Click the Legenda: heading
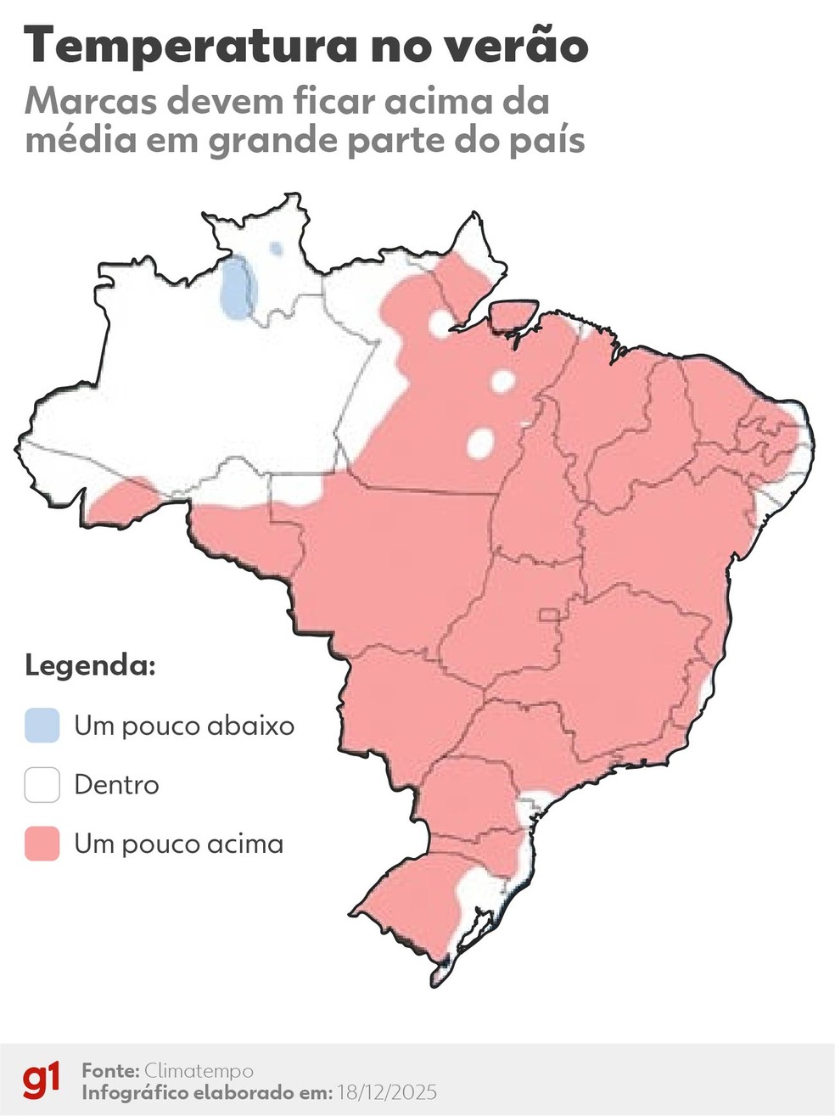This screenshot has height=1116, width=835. (x=90, y=665)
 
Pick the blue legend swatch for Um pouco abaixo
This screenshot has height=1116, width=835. (x=42, y=726)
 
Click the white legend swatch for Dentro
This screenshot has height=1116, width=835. (x=42, y=784)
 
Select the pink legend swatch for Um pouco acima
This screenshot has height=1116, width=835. (x=42, y=844)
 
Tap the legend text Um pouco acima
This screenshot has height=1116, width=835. (x=178, y=844)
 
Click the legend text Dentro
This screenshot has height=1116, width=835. (x=116, y=784)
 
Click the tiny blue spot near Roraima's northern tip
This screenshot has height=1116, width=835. (x=276, y=249)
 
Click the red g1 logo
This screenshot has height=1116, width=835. (x=42, y=1080)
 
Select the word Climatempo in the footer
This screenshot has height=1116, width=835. (x=198, y=1070)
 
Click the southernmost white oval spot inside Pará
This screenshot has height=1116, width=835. (x=480, y=442)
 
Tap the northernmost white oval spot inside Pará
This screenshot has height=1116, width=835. (x=440, y=323)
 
